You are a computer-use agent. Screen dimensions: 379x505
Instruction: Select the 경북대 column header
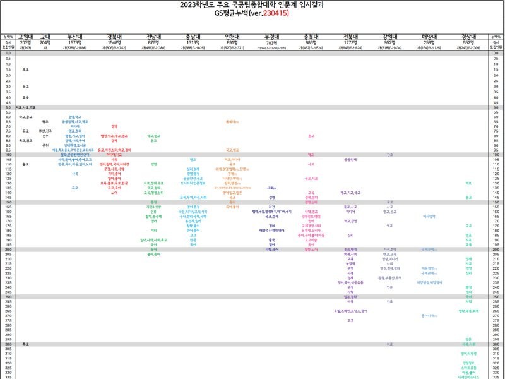coord(114,37)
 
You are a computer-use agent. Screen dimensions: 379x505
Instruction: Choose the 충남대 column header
coord(193,37)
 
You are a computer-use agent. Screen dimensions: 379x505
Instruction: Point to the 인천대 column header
coord(232,37)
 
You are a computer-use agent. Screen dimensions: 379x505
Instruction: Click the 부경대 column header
coord(271,37)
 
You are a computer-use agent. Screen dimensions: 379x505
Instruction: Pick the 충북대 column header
coord(311,37)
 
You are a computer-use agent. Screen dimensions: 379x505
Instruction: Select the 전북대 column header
coord(350,37)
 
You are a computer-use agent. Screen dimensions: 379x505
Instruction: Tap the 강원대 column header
coord(390,37)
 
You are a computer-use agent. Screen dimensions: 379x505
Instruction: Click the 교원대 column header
coord(26,37)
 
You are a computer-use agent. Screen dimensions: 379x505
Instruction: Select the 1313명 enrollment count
coord(193,42)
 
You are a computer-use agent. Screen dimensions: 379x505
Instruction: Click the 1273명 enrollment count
coord(350,42)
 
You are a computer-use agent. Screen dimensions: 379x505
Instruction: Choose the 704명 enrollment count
coord(45,42)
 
